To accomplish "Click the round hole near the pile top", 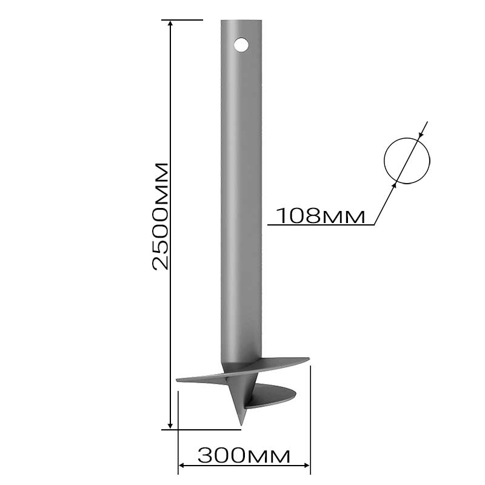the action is coord(241,45).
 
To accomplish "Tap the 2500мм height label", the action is coord(161,216).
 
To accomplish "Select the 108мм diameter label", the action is coord(321,215).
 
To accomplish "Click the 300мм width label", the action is coord(244,455).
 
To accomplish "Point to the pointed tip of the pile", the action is coord(241,425).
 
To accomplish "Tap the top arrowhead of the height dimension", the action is coord(170,24).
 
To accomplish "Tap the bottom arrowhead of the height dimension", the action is coord(170,426).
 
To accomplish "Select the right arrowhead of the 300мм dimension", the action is coord(306,465).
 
